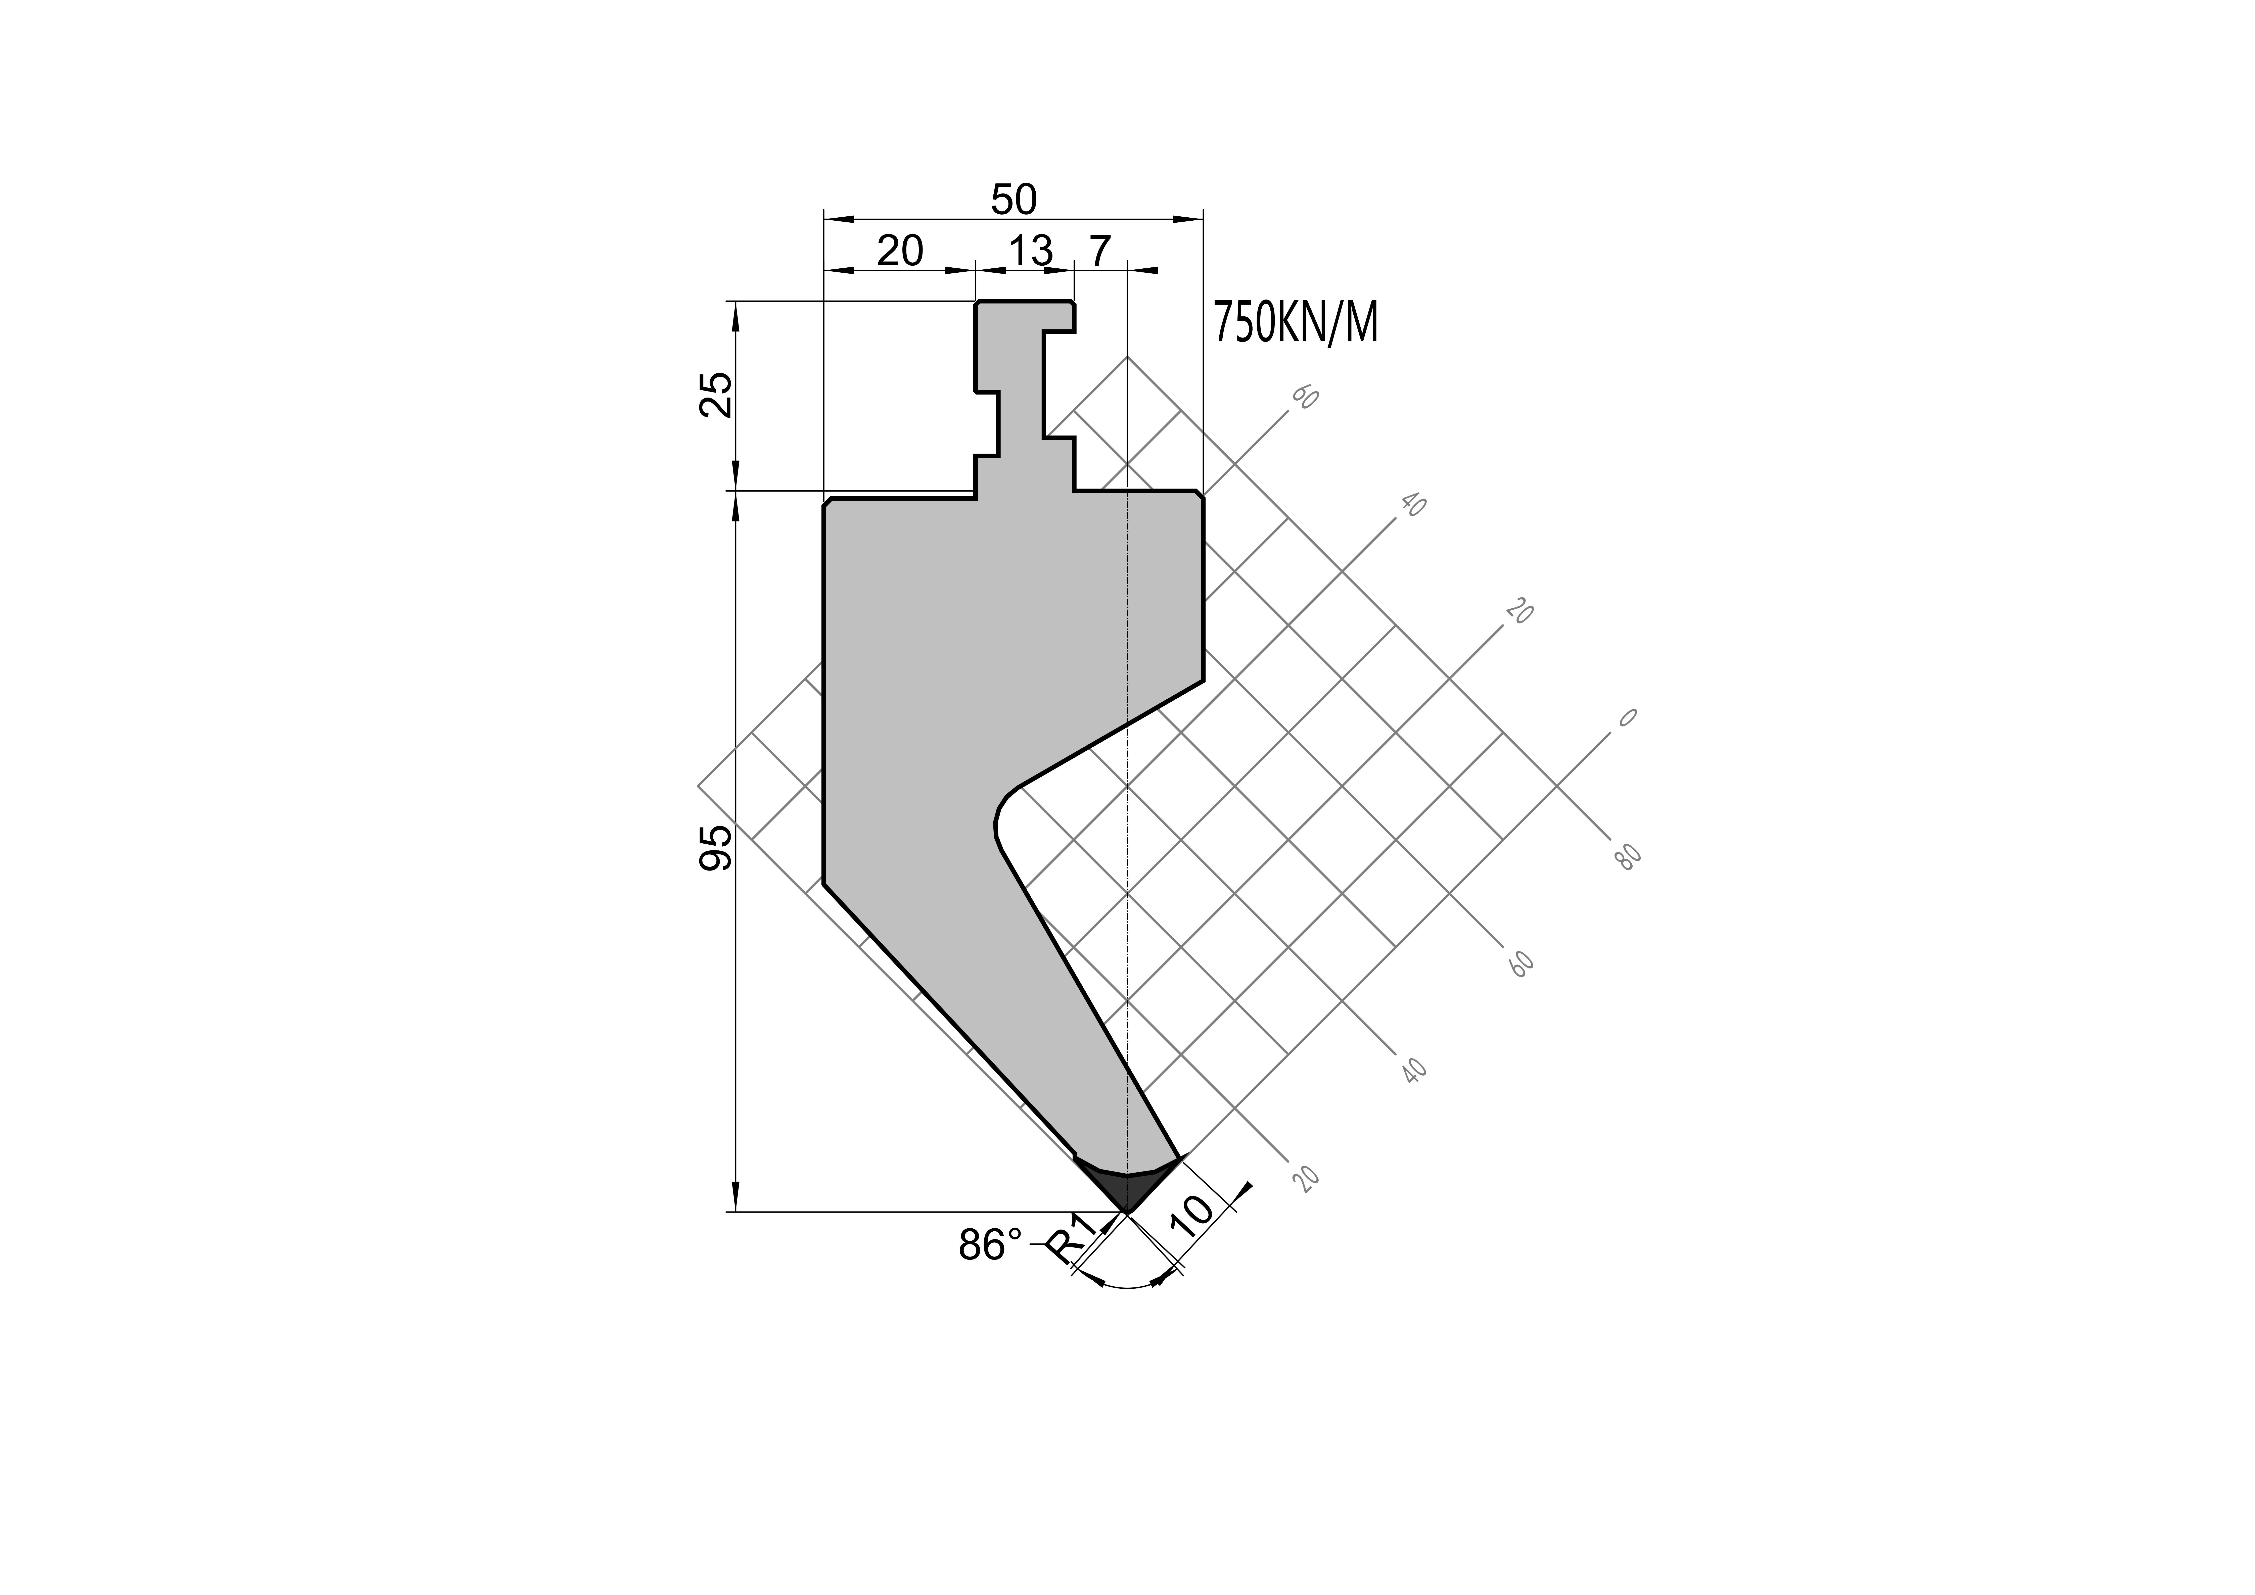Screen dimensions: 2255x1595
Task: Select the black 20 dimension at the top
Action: click(x=900, y=252)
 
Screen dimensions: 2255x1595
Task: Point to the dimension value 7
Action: click(x=1100, y=252)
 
